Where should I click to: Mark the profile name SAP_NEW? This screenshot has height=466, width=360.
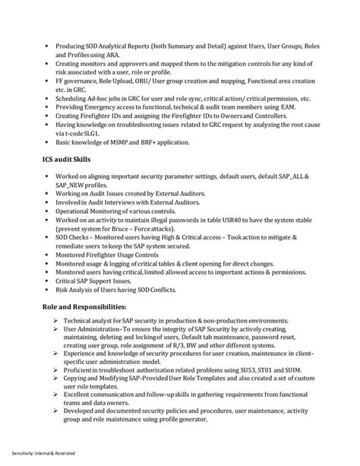pos(74,185)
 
